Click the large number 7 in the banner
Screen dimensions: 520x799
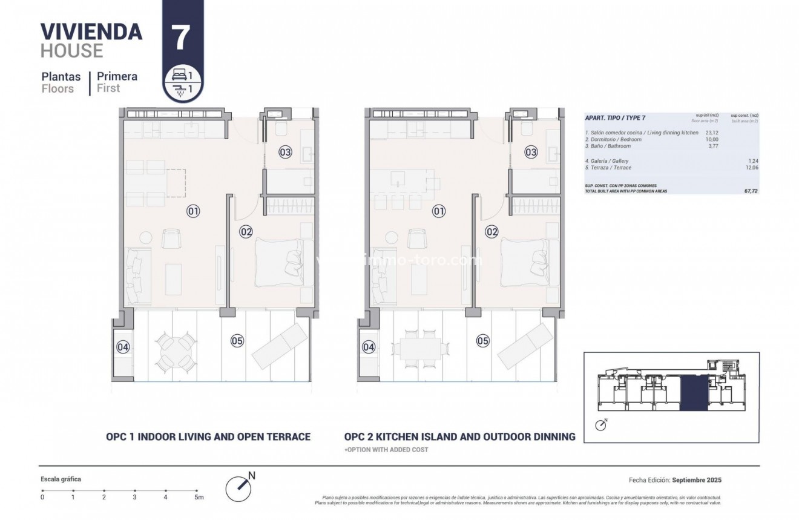[x=182, y=38]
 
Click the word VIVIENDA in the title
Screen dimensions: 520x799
[x=91, y=31]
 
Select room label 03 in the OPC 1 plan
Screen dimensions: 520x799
[x=286, y=152]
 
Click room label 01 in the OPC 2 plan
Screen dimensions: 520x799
[x=439, y=211]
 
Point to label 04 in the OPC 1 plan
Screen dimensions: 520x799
[x=123, y=347]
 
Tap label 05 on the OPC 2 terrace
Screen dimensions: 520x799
[x=482, y=341]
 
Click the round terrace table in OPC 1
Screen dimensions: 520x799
[x=176, y=352]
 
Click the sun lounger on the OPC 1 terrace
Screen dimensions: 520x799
[x=279, y=346]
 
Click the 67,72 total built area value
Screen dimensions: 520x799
[x=751, y=190]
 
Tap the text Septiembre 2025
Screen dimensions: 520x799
[x=697, y=480]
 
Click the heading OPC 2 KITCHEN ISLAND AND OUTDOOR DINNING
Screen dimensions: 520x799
[x=459, y=436]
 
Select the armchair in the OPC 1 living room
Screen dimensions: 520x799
[x=171, y=239]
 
